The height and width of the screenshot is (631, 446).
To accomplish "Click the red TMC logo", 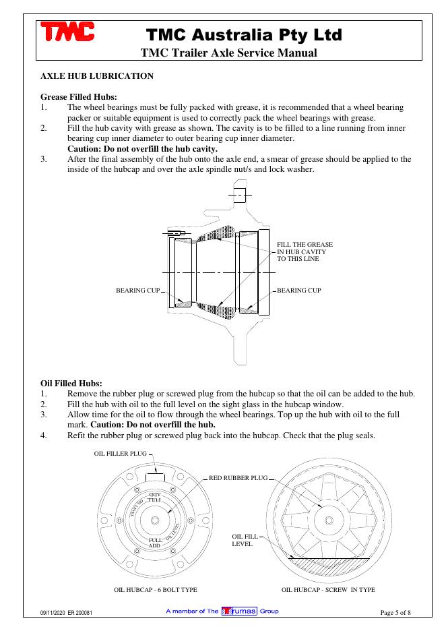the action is pyautogui.click(x=67, y=32).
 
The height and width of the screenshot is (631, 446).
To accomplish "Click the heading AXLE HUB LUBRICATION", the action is pyautogui.click(x=97, y=76).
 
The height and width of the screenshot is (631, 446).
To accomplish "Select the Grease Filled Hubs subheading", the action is pyautogui.click(x=79, y=96).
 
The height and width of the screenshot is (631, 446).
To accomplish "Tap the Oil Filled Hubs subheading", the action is pyautogui.click(x=71, y=383).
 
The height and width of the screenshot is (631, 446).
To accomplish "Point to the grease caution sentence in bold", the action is pyautogui.click(x=142, y=148).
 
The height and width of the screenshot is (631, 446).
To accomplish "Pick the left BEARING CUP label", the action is pyautogui.click(x=138, y=290).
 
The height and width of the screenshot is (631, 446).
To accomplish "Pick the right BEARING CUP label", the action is pyautogui.click(x=299, y=290).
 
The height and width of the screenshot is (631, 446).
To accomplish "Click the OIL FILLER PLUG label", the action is pyautogui.click(x=120, y=454).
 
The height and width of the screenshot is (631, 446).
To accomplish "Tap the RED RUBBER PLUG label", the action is pyautogui.click(x=238, y=478).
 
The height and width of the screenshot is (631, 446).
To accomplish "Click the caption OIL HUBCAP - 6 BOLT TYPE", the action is pyautogui.click(x=156, y=590).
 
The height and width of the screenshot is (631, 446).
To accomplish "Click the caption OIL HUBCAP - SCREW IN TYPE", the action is pyautogui.click(x=328, y=590).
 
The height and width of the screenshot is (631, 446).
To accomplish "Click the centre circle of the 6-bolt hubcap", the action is pyautogui.click(x=155, y=520).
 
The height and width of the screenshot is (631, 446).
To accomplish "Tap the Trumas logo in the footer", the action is pyautogui.click(x=239, y=611).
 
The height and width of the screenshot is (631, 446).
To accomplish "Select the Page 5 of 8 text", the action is pyautogui.click(x=395, y=613).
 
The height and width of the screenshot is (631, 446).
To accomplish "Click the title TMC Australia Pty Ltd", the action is pyautogui.click(x=244, y=34).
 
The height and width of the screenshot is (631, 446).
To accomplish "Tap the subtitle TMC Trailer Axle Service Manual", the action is pyautogui.click(x=229, y=53).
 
